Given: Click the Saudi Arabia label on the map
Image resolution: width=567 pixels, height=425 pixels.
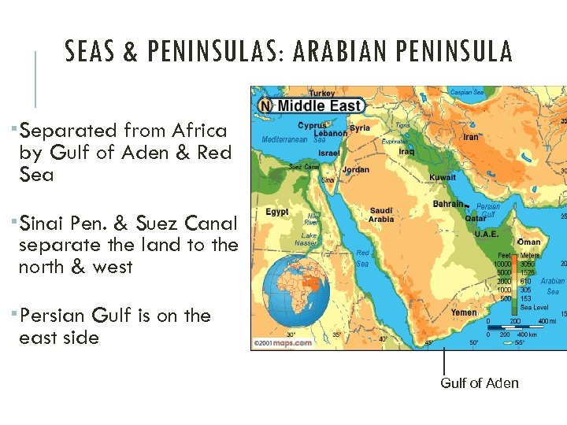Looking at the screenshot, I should (381, 215).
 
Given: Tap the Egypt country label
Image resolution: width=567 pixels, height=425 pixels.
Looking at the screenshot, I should (276, 212).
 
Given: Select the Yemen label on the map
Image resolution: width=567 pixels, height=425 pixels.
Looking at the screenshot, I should (464, 312).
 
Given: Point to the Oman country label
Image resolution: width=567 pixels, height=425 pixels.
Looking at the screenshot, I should (529, 242).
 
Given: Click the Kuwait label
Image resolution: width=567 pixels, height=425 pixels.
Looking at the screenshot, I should (443, 177).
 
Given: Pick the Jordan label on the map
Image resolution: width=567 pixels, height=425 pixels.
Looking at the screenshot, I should (356, 170).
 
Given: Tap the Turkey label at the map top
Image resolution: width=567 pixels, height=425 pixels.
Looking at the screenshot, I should (321, 94).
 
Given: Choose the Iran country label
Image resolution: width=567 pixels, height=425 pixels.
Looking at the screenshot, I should (471, 136).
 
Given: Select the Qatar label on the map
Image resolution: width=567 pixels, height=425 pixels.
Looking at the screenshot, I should (475, 219).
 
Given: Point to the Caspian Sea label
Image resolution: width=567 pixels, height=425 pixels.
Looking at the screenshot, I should (467, 92).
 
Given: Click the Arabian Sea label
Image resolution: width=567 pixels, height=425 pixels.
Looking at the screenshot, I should (552, 286).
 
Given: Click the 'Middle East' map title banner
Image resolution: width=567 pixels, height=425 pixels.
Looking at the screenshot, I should (311, 105).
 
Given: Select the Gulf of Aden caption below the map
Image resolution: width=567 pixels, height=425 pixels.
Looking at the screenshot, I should (479, 383).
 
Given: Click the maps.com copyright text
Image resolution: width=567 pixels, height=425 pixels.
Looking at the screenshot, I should (282, 343).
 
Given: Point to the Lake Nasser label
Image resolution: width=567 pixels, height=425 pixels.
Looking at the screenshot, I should (306, 239).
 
